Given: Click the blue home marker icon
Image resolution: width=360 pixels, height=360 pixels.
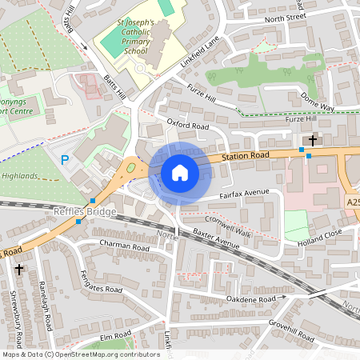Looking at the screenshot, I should (x=180, y=173).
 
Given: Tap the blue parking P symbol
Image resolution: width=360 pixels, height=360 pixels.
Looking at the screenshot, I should (x=65, y=161).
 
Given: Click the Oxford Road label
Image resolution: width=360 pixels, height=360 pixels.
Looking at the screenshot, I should (x=187, y=126).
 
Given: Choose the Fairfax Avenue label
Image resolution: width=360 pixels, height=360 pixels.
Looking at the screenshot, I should (x=244, y=194).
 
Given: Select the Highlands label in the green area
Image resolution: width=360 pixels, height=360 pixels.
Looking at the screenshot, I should (x=20, y=175).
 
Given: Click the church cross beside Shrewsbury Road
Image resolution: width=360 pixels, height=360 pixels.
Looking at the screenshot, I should (x=18, y=270).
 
